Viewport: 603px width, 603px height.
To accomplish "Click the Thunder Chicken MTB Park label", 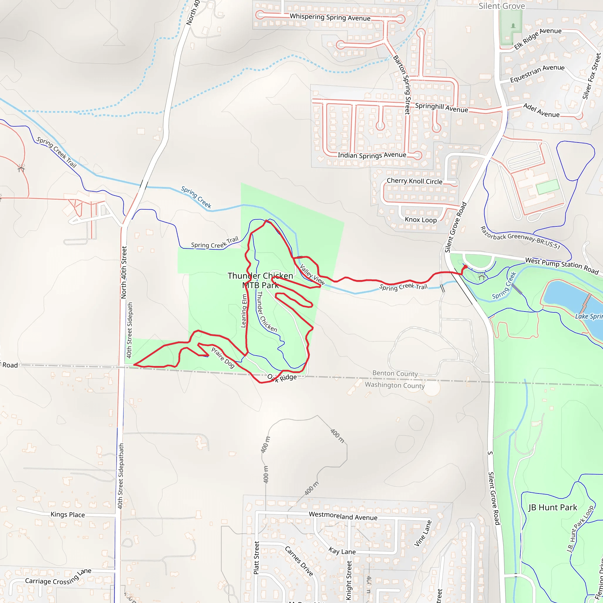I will (260, 280).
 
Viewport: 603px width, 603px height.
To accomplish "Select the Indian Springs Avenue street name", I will (372, 155).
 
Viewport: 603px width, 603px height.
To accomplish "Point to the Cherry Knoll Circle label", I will (415, 181).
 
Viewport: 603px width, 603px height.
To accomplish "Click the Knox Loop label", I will (421, 220).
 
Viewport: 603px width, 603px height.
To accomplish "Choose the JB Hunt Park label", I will (553, 508).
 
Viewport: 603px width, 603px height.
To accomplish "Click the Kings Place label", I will (68, 515).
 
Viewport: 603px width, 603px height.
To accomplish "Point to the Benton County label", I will (395, 373).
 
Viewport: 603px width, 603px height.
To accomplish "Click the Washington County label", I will (395, 385).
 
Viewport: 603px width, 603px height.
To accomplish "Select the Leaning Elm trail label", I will (244, 311).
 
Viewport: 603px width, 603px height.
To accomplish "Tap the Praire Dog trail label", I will (223, 358).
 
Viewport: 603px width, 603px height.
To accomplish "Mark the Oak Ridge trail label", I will (282, 378).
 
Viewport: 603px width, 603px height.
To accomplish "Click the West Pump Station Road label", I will (562, 265).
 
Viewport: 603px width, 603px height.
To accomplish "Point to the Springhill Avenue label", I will (441, 107).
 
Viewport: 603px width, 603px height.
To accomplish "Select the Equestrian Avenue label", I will (537, 73).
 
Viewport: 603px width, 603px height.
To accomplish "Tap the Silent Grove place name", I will (501, 6).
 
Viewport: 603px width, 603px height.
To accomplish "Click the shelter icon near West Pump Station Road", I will (481, 276).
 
